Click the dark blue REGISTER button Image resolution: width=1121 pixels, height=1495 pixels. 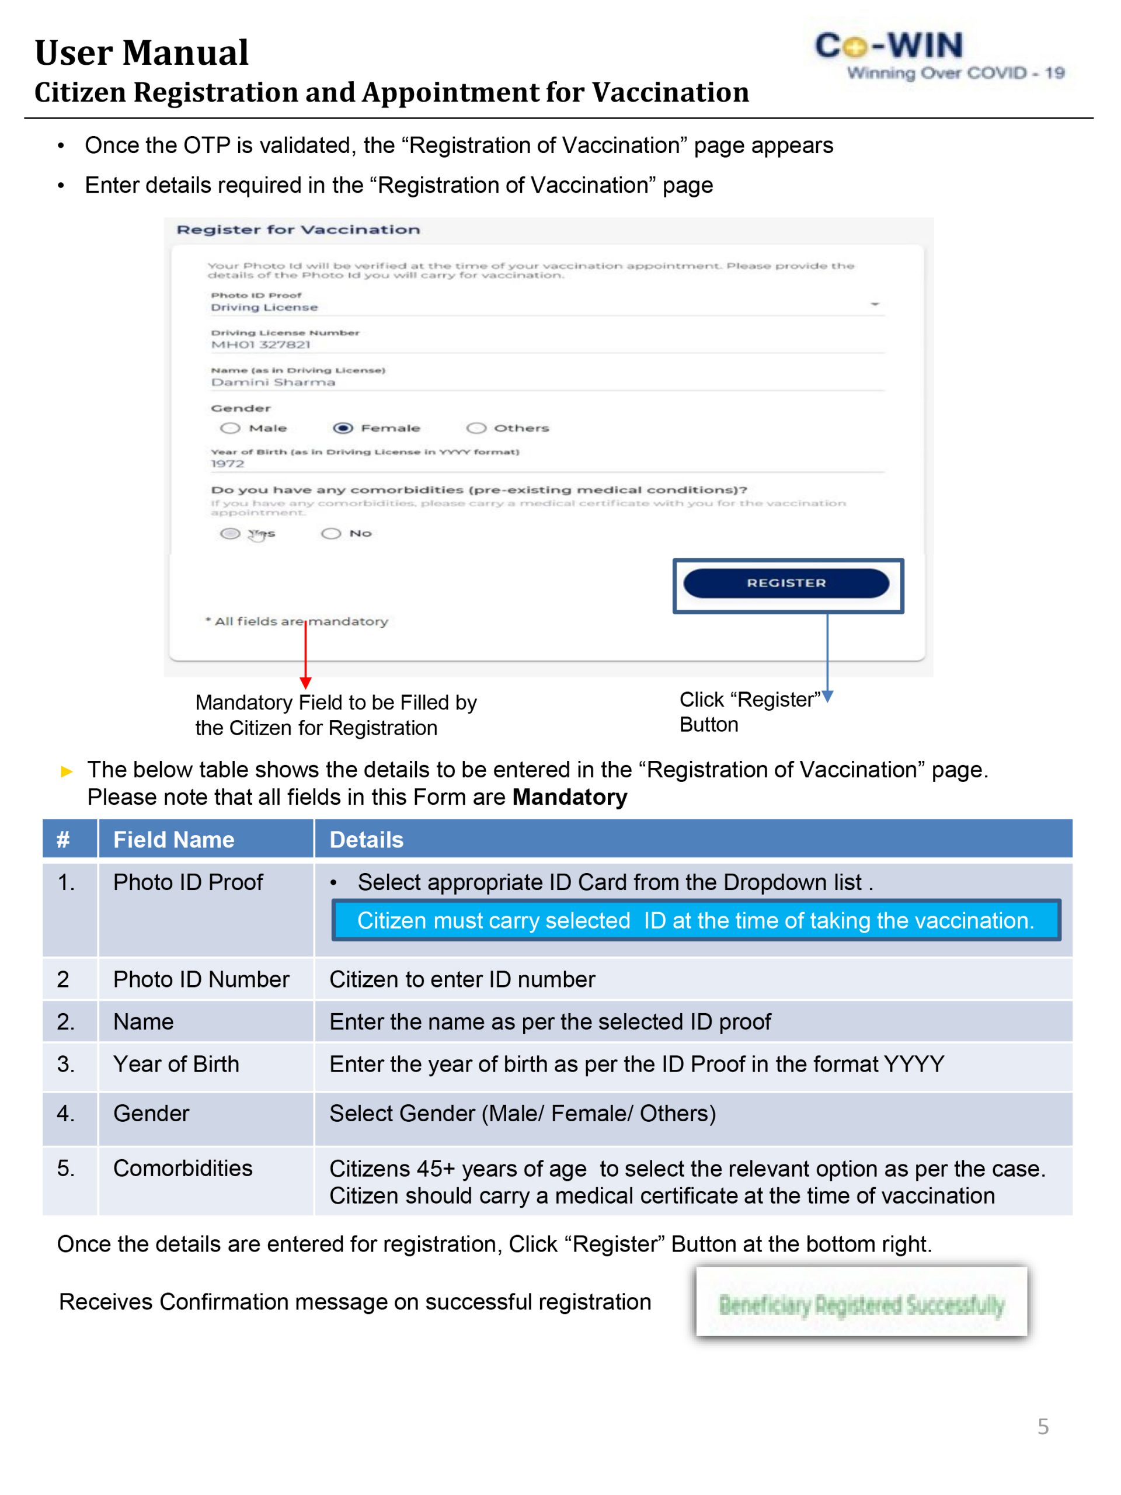pyautogui.click(x=786, y=583)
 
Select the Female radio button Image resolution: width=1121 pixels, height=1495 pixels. pyautogui.click(x=343, y=428)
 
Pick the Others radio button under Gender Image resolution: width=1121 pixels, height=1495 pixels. pyautogui.click(x=476, y=428)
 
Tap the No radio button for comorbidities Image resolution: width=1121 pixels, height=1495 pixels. pyautogui.click(x=331, y=533)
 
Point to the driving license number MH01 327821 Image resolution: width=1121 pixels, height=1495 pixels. pyautogui.click(x=261, y=345)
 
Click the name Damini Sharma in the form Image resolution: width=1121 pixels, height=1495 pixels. pyautogui.click(x=273, y=383)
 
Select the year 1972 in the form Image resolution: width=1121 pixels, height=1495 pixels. pyautogui.click(x=228, y=464)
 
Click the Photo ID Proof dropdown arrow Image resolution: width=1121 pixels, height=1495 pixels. pyautogui.click(x=875, y=304)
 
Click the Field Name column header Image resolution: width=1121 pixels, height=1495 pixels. pyautogui.click(x=173, y=839)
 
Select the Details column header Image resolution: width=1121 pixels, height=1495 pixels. pyautogui.click(x=366, y=839)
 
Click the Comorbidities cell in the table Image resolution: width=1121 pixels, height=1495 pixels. pyautogui.click(x=182, y=1168)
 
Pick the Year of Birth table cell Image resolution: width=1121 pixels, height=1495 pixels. pyautogui.click(x=176, y=1064)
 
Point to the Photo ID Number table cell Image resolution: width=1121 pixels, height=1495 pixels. pyautogui.click(x=201, y=979)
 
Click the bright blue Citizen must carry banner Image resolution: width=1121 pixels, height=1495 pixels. pyautogui.click(x=695, y=920)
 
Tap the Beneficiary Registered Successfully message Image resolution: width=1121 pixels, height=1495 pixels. pyautogui.click(x=862, y=1305)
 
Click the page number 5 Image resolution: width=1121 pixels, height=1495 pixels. pyautogui.click(x=1043, y=1427)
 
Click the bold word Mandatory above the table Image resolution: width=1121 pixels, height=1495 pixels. pyautogui.click(x=570, y=798)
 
